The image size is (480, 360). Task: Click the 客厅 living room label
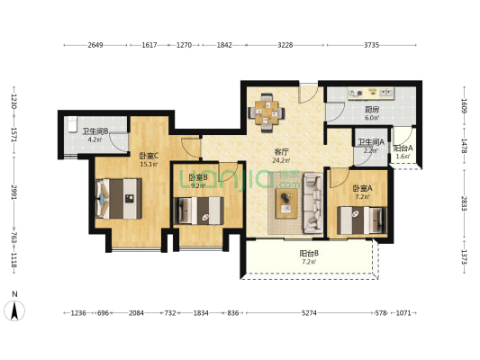(x=281, y=152)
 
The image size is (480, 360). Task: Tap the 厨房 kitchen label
(x=372, y=110)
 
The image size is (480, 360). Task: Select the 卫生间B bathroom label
(x=95, y=131)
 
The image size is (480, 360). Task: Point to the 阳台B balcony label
(x=309, y=254)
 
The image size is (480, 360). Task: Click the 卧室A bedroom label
(x=362, y=188)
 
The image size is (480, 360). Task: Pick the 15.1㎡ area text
(x=149, y=164)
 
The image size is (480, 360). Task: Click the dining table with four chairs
(x=266, y=112)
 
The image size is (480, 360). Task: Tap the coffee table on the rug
(x=286, y=203)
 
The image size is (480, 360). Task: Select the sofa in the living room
(x=312, y=203)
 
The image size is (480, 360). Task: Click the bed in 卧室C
(x=119, y=199)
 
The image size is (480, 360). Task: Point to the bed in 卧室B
(x=199, y=211)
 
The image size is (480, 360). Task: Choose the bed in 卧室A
(x=362, y=220)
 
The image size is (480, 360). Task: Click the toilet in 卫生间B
(x=72, y=125)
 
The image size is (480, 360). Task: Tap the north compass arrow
(x=14, y=310)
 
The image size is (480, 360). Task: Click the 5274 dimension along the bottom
(x=309, y=313)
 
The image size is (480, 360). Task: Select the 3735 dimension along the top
(x=372, y=45)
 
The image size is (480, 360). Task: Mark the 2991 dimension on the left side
(x=14, y=192)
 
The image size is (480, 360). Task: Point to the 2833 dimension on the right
(x=465, y=203)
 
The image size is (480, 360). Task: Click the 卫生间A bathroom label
(x=371, y=142)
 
